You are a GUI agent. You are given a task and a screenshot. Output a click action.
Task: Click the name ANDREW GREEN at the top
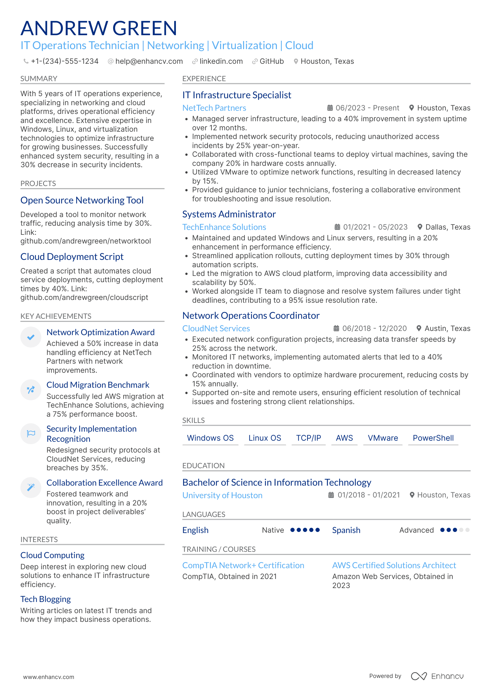click(99, 28)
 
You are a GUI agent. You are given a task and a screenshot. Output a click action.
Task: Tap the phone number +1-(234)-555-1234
click(64, 61)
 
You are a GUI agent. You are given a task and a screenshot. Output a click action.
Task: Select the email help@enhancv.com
click(149, 61)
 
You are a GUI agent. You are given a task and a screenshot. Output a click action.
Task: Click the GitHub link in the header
click(271, 61)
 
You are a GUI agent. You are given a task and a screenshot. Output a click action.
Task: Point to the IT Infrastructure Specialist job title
click(237, 95)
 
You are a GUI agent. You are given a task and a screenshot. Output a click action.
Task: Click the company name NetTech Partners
click(214, 108)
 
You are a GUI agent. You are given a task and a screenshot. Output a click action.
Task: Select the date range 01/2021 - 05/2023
click(375, 227)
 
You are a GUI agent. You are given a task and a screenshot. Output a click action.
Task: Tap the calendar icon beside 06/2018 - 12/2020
click(336, 329)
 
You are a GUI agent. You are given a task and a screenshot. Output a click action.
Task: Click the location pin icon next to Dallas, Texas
click(420, 227)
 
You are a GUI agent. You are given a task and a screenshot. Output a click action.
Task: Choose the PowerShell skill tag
click(433, 438)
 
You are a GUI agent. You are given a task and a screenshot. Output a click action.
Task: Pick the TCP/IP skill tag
click(309, 438)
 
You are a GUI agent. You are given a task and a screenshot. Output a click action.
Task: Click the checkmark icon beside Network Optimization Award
click(31, 337)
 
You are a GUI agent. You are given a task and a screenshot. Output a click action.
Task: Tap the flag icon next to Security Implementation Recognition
click(31, 433)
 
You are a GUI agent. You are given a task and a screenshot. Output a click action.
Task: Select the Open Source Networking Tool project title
click(82, 200)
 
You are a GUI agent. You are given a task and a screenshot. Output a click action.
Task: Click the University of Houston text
click(222, 495)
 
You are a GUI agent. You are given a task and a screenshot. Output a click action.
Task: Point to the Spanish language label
click(346, 530)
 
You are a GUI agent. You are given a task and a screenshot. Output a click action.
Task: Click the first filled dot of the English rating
click(293, 530)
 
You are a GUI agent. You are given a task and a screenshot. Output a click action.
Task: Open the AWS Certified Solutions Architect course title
click(394, 565)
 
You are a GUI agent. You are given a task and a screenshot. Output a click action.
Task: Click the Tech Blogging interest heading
click(46, 599)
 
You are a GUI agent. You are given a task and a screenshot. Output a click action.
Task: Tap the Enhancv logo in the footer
click(437, 676)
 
